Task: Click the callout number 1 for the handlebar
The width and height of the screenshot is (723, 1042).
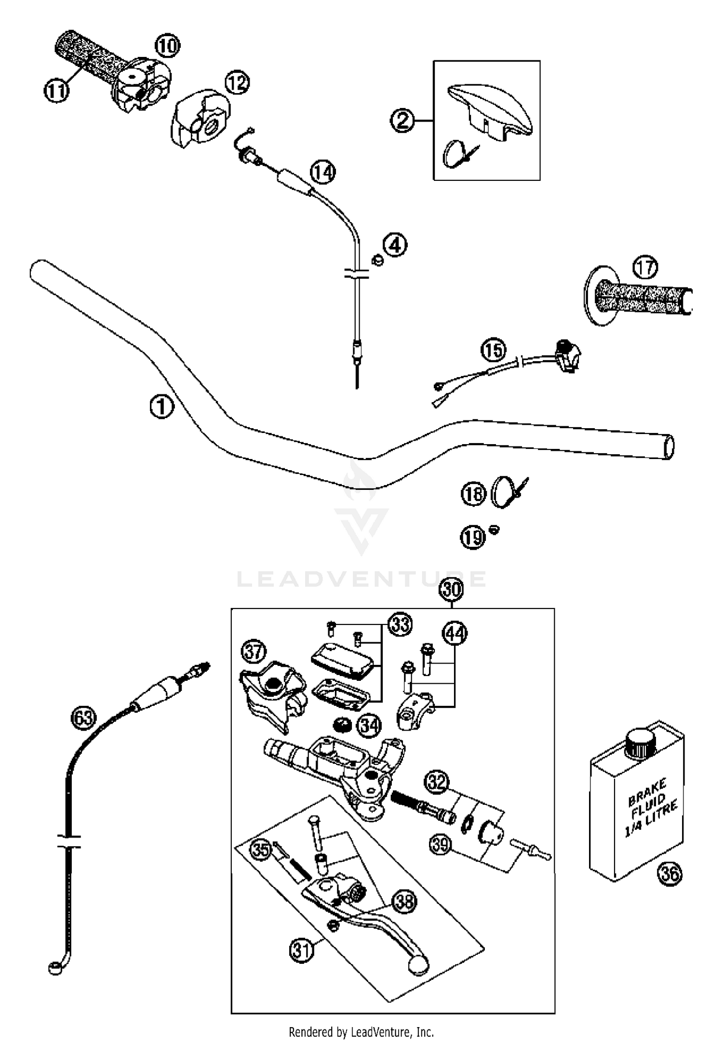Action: point(161,407)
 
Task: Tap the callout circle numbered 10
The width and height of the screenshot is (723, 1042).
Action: point(167,46)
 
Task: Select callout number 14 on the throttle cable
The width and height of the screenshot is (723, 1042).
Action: point(322,172)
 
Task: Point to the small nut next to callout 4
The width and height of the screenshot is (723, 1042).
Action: point(378,260)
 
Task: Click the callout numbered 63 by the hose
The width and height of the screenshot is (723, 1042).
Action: point(83,718)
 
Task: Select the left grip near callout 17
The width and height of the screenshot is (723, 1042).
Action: point(641,298)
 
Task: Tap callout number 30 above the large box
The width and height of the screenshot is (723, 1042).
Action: point(451,589)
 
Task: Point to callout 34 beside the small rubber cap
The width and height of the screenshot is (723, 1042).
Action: point(369,725)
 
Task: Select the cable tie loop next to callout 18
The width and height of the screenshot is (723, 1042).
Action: point(503,492)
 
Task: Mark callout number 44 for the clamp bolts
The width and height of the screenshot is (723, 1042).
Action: point(455,633)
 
